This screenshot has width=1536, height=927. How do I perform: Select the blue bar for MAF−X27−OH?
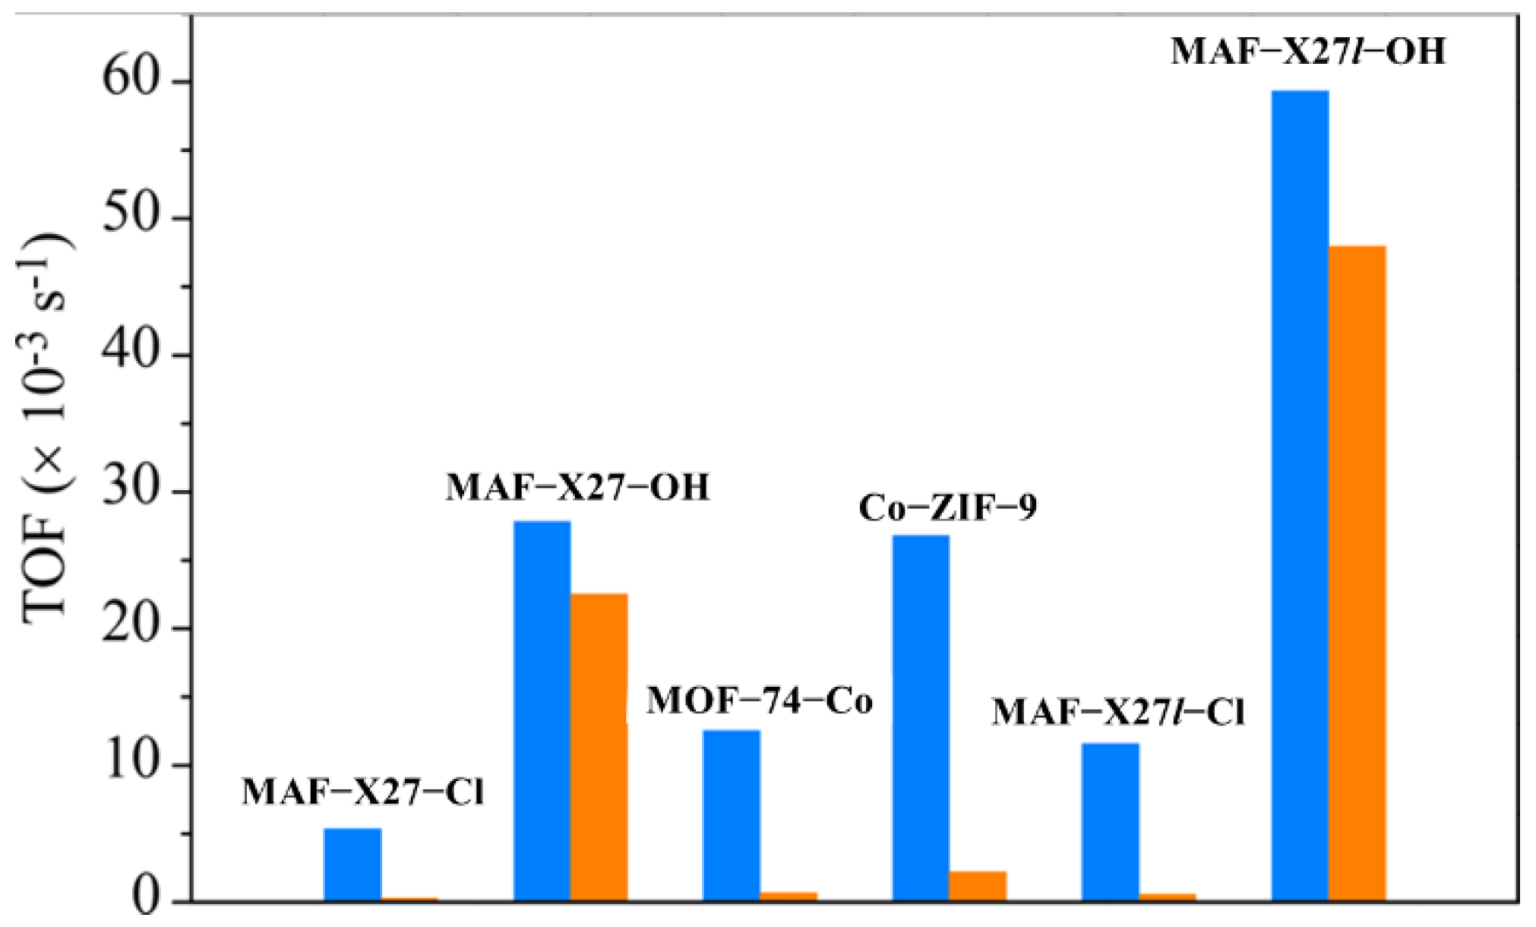pyautogui.click(x=542, y=710)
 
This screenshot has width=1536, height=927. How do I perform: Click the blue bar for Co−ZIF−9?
pyautogui.click(x=921, y=718)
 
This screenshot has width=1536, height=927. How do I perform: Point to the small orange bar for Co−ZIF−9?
pyautogui.click(x=978, y=886)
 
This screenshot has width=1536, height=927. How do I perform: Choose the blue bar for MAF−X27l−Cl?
pyautogui.click(x=1110, y=821)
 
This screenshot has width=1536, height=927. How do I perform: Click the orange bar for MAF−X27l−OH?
pyautogui.click(x=1357, y=574)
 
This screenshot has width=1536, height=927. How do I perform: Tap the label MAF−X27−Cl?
pyautogui.click(x=362, y=792)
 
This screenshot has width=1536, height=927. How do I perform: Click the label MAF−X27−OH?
pyautogui.click(x=577, y=487)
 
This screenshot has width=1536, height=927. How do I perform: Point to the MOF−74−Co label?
pyautogui.click(x=759, y=700)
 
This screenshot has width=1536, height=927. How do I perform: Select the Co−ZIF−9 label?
pyautogui.click(x=947, y=507)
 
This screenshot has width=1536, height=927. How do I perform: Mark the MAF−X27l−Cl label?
pyautogui.click(x=1117, y=712)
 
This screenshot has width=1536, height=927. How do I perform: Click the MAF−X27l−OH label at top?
pyautogui.click(x=1307, y=51)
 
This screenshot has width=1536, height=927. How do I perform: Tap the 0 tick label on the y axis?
pyautogui.click(x=150, y=900)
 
